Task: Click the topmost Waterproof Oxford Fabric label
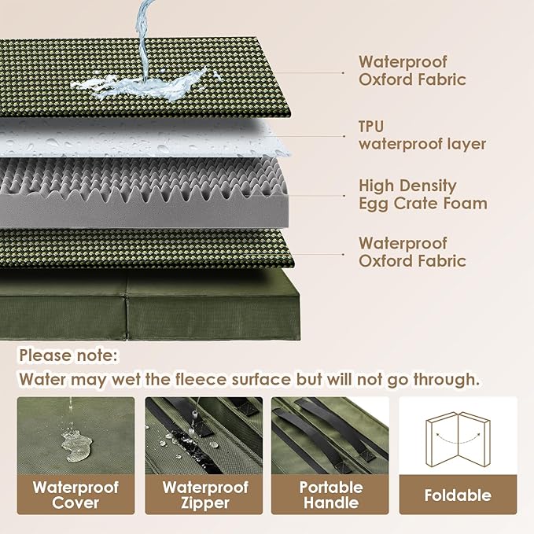click(x=412, y=71)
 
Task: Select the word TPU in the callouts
click(x=371, y=127)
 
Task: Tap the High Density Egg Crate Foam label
click(x=422, y=195)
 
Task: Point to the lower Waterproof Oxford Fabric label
click(x=412, y=252)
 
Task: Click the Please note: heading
click(x=68, y=355)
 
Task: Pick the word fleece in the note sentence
click(x=225, y=379)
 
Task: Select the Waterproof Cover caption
click(x=75, y=495)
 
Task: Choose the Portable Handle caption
click(x=330, y=495)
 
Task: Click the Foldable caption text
click(x=458, y=495)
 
